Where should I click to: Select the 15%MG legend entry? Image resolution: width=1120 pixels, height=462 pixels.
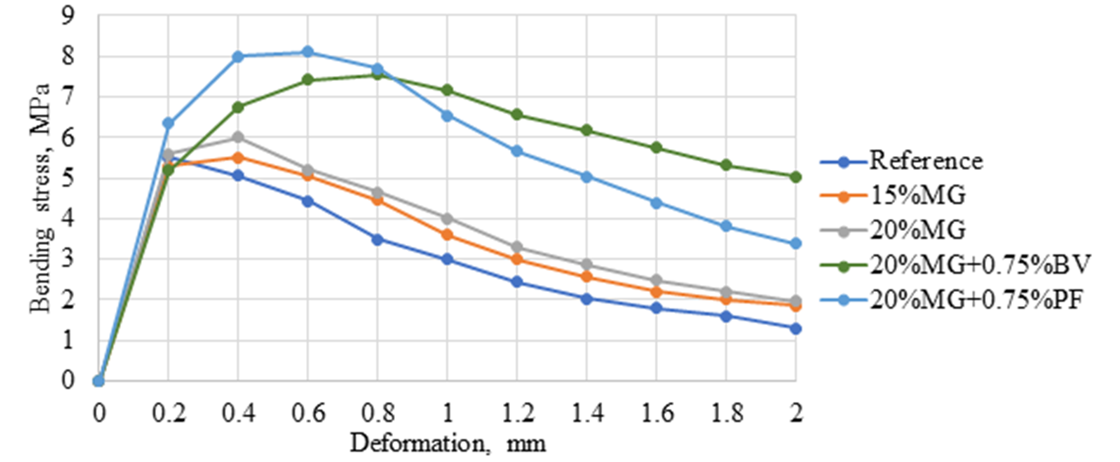click(x=906, y=196)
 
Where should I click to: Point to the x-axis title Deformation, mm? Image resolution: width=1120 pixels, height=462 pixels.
click(x=447, y=444)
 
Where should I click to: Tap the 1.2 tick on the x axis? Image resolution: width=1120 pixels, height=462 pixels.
click(x=517, y=410)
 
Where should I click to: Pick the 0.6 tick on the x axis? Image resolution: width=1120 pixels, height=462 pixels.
click(x=308, y=410)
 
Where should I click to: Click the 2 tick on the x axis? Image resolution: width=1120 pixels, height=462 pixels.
click(x=796, y=410)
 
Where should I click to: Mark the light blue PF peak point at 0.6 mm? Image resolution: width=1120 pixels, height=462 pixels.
click(x=308, y=52)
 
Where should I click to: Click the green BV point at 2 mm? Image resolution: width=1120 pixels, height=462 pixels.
click(x=796, y=176)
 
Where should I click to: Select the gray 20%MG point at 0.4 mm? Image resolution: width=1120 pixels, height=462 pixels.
click(x=238, y=137)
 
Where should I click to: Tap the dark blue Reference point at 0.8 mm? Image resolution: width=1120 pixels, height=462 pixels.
click(x=377, y=239)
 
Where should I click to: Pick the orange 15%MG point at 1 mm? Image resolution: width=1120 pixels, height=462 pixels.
click(x=447, y=234)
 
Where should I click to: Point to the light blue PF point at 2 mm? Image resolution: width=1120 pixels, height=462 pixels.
click(x=796, y=244)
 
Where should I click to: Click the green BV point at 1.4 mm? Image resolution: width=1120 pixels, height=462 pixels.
click(x=587, y=131)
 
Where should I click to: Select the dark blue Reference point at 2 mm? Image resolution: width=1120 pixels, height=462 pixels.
click(x=796, y=328)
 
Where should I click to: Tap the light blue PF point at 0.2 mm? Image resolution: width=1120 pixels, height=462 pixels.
click(x=168, y=123)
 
